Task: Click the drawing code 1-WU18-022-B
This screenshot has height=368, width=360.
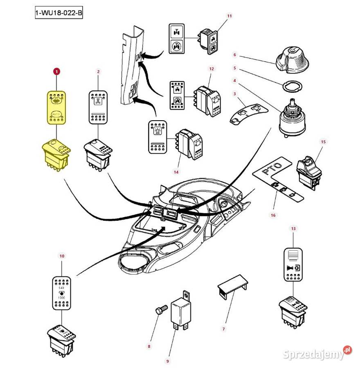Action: click(59, 13)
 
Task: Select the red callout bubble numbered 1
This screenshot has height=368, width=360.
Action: click(56, 72)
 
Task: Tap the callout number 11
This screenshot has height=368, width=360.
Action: click(229, 16)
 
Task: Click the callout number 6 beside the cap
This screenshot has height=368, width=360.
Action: click(235, 54)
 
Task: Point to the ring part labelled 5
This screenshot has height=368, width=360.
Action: click(292, 86)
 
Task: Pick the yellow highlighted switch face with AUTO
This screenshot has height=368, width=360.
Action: click(56, 107)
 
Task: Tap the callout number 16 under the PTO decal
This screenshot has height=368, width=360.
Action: click(273, 215)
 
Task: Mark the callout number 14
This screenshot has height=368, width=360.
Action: click(176, 172)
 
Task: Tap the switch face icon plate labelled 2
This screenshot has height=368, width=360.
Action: click(98, 107)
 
